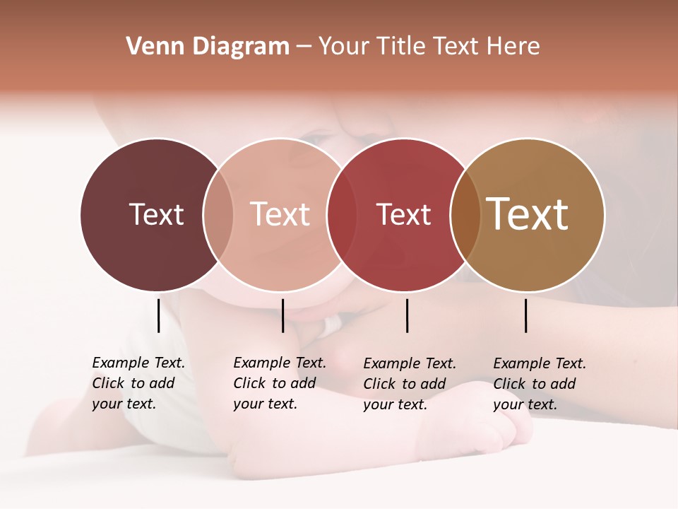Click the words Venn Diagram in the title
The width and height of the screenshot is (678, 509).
tap(208, 47)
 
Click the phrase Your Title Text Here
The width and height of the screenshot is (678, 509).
tap(429, 47)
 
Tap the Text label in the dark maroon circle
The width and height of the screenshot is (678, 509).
tap(156, 214)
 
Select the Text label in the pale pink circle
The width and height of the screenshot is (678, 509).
tap(280, 214)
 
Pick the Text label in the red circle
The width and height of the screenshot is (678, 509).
tap(403, 214)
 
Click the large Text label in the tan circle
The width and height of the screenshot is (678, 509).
tap(528, 214)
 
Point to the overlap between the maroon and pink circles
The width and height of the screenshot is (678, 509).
tap(218, 215)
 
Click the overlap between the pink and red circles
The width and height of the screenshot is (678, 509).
tap(342, 215)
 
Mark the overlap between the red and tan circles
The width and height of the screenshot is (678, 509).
tap(465, 215)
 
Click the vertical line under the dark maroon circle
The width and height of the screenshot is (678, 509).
tap(159, 315)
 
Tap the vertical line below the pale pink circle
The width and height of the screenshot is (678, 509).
tap(282, 315)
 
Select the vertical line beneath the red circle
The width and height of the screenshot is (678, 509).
tap(407, 315)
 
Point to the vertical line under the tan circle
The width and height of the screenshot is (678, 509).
tap(526, 315)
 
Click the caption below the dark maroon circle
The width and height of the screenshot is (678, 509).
tap(138, 383)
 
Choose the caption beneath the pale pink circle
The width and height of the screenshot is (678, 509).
tap(280, 383)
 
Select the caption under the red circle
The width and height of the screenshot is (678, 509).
tap(410, 384)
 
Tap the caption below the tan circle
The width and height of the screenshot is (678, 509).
tap(540, 384)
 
